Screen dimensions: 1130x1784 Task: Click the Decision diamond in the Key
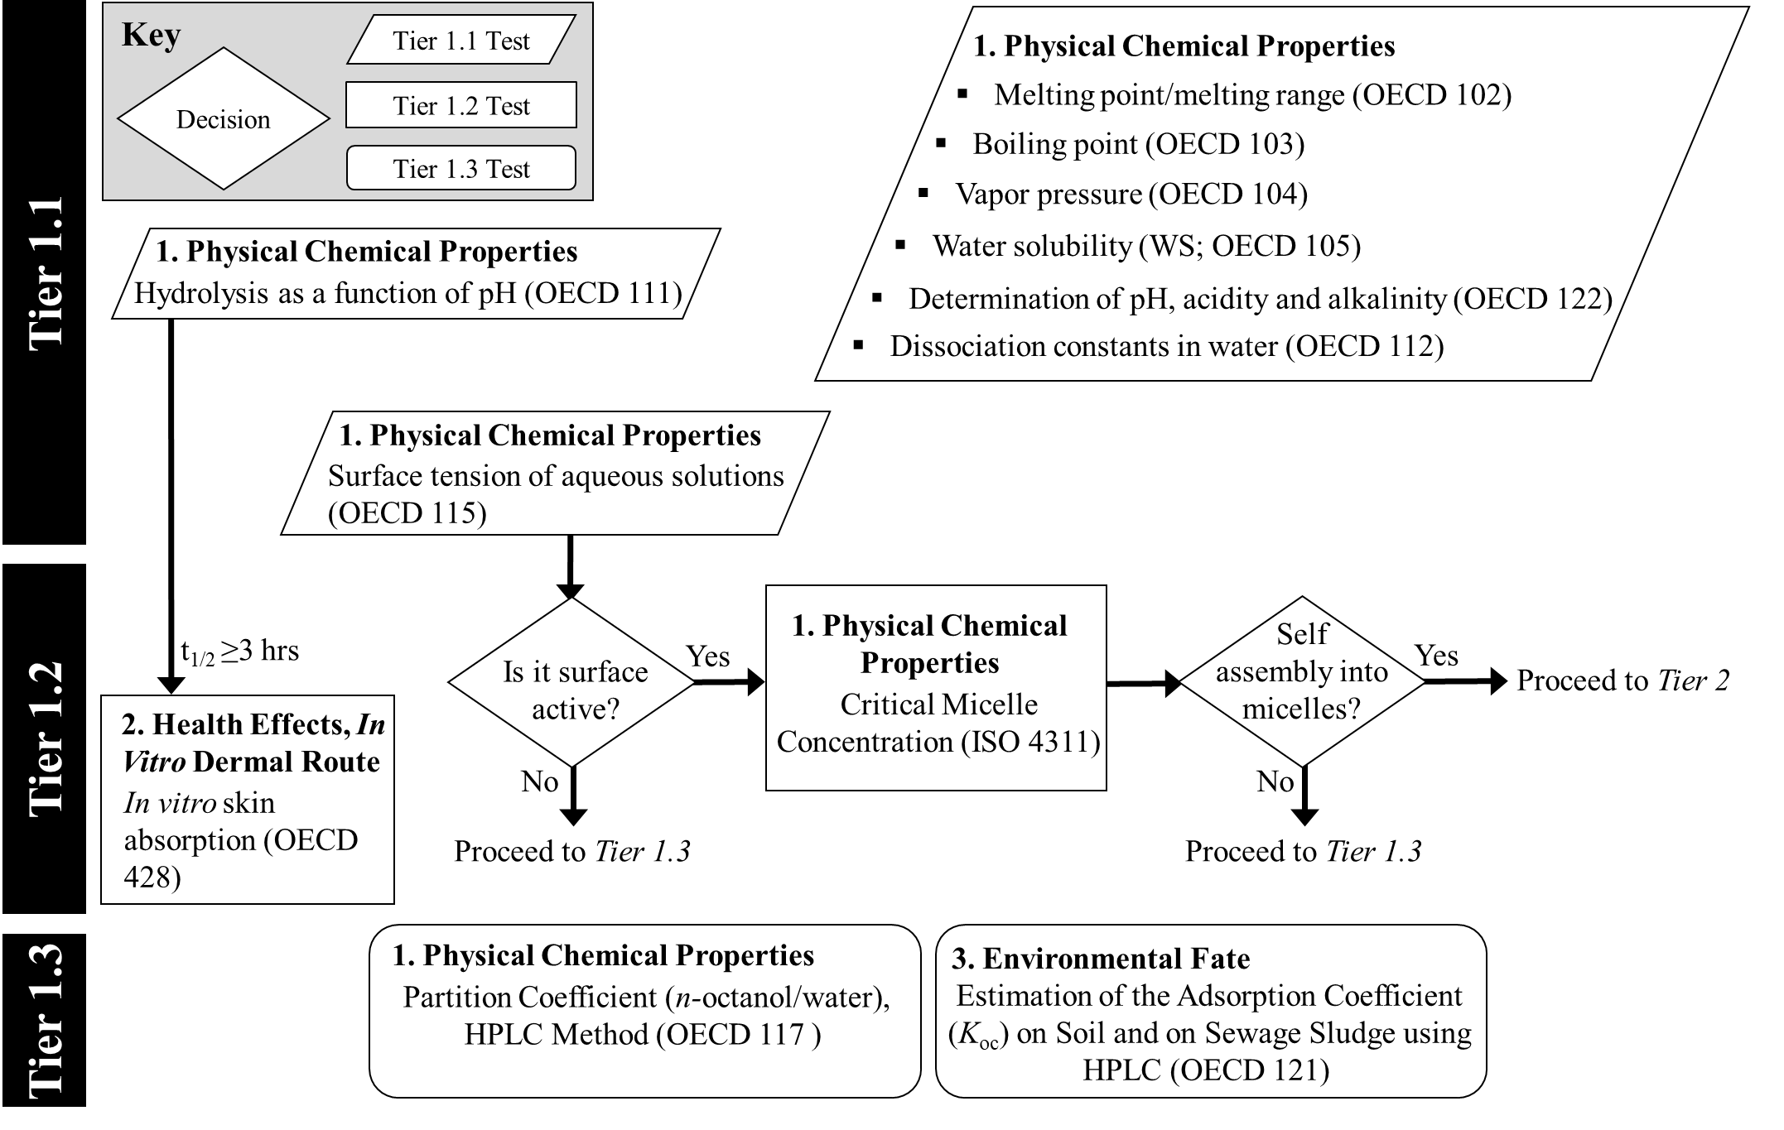click(224, 119)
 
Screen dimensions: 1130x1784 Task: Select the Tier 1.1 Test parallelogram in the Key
click(461, 41)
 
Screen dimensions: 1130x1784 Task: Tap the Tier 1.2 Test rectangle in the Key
click(461, 105)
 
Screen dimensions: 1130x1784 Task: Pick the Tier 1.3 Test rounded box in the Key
click(461, 168)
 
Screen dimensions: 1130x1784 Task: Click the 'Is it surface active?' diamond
click(572, 682)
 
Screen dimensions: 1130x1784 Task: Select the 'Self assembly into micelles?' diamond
click(1302, 681)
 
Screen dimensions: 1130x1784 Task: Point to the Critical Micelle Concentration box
click(936, 688)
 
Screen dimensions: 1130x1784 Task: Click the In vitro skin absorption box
click(248, 800)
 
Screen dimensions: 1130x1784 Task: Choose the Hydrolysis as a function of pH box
click(415, 273)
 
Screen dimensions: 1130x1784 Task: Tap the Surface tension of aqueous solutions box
click(555, 474)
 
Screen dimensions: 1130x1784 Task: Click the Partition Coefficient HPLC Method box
click(644, 1011)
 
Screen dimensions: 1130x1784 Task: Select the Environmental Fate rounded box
click(1210, 1011)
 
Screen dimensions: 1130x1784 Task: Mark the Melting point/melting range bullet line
click(1251, 95)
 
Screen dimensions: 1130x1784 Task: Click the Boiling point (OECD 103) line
click(1138, 144)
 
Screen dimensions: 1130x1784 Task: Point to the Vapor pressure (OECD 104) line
click(1131, 195)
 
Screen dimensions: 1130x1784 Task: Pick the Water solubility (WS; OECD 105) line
click(1146, 246)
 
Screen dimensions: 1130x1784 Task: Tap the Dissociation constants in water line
click(1166, 346)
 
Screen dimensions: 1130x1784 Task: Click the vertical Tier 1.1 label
click(46, 273)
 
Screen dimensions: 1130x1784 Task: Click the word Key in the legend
click(151, 36)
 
